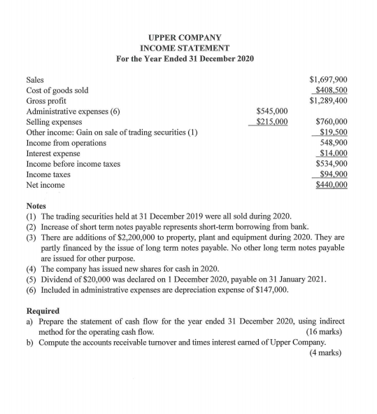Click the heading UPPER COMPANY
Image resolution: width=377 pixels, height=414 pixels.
185,36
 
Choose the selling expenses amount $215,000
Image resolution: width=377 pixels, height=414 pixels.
271,121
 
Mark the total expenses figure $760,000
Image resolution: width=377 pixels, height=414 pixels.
332,121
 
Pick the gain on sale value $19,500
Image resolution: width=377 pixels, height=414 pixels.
334,132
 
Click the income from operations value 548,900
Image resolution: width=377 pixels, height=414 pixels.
334,142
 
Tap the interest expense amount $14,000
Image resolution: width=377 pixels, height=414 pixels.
334,153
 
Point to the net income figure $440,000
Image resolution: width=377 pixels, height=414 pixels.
332,185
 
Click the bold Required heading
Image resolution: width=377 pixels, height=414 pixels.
43,310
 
